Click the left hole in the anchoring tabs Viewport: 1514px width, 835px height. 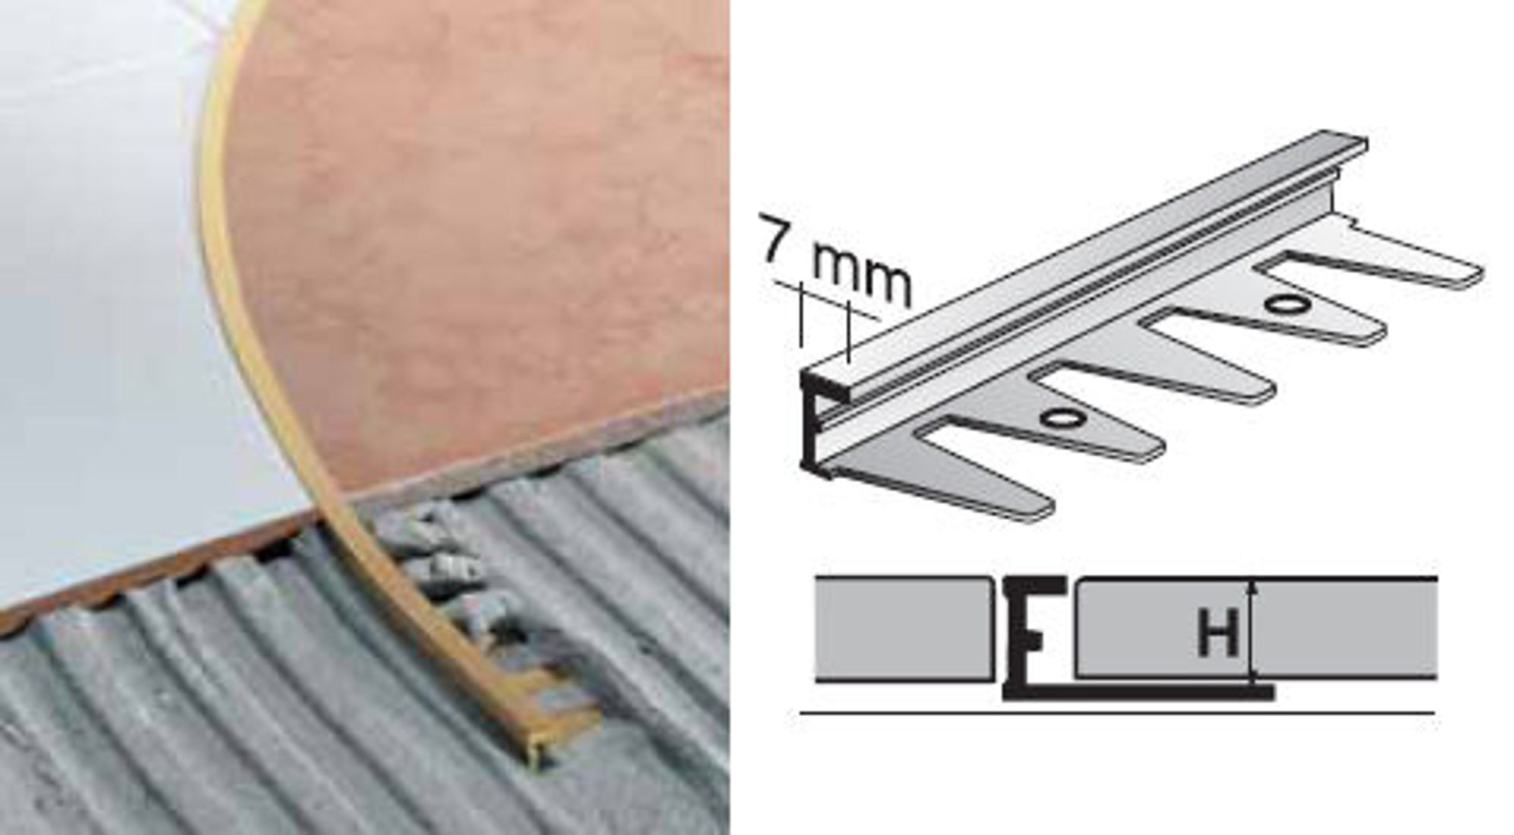click(1055, 418)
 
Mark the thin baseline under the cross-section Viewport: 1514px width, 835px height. click(1117, 712)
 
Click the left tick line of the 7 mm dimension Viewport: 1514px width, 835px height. click(800, 314)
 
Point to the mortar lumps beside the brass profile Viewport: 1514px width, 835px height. click(454, 576)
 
